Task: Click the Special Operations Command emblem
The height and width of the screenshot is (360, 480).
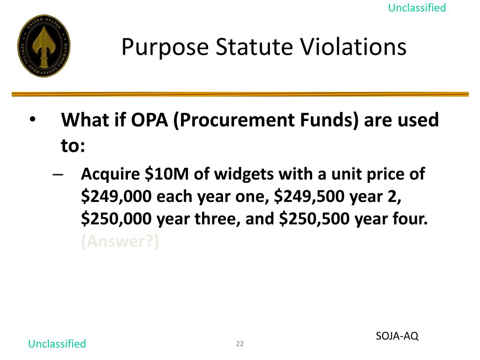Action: pyautogui.click(x=44, y=45)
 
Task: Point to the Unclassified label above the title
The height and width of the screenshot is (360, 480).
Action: pyautogui.click(x=417, y=8)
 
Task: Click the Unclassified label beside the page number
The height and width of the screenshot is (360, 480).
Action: pyautogui.click(x=57, y=344)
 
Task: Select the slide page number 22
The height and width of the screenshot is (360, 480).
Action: pyautogui.click(x=240, y=344)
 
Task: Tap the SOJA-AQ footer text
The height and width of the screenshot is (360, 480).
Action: pyautogui.click(x=397, y=336)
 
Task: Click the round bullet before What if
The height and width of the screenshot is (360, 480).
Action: pyautogui.click(x=32, y=120)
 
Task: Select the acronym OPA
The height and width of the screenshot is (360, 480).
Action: pyautogui.click(x=149, y=120)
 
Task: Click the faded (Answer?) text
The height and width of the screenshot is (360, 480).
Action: pyautogui.click(x=120, y=241)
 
